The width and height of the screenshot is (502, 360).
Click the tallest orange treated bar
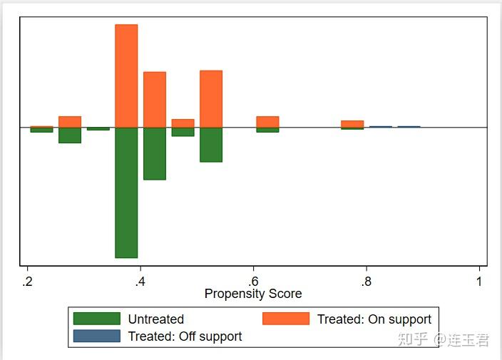[126, 76]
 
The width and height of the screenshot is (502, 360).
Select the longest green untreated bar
[126, 192]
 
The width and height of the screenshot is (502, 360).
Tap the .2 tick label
[27, 282]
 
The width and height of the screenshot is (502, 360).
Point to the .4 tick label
[140, 282]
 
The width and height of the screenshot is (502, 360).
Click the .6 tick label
[252, 282]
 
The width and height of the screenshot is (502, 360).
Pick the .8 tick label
[365, 282]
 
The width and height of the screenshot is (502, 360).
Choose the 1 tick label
[478, 282]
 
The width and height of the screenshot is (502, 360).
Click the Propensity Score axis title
[253, 294]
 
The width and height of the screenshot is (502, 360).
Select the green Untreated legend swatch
[96, 319]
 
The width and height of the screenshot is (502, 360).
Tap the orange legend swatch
[286, 319]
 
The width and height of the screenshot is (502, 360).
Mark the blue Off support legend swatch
[96, 336]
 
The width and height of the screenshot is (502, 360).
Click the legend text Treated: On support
[374, 319]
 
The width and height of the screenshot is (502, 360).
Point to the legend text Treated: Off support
[185, 336]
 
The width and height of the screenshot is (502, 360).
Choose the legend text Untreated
[156, 319]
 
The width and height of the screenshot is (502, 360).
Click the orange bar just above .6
[267, 121]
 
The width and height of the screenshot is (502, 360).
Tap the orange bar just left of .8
[352, 123]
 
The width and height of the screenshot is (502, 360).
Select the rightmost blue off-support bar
[409, 126]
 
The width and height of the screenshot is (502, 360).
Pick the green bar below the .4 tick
[155, 153]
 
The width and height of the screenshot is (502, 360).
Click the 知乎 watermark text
[412, 339]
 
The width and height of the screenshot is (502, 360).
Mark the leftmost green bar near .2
[41, 130]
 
